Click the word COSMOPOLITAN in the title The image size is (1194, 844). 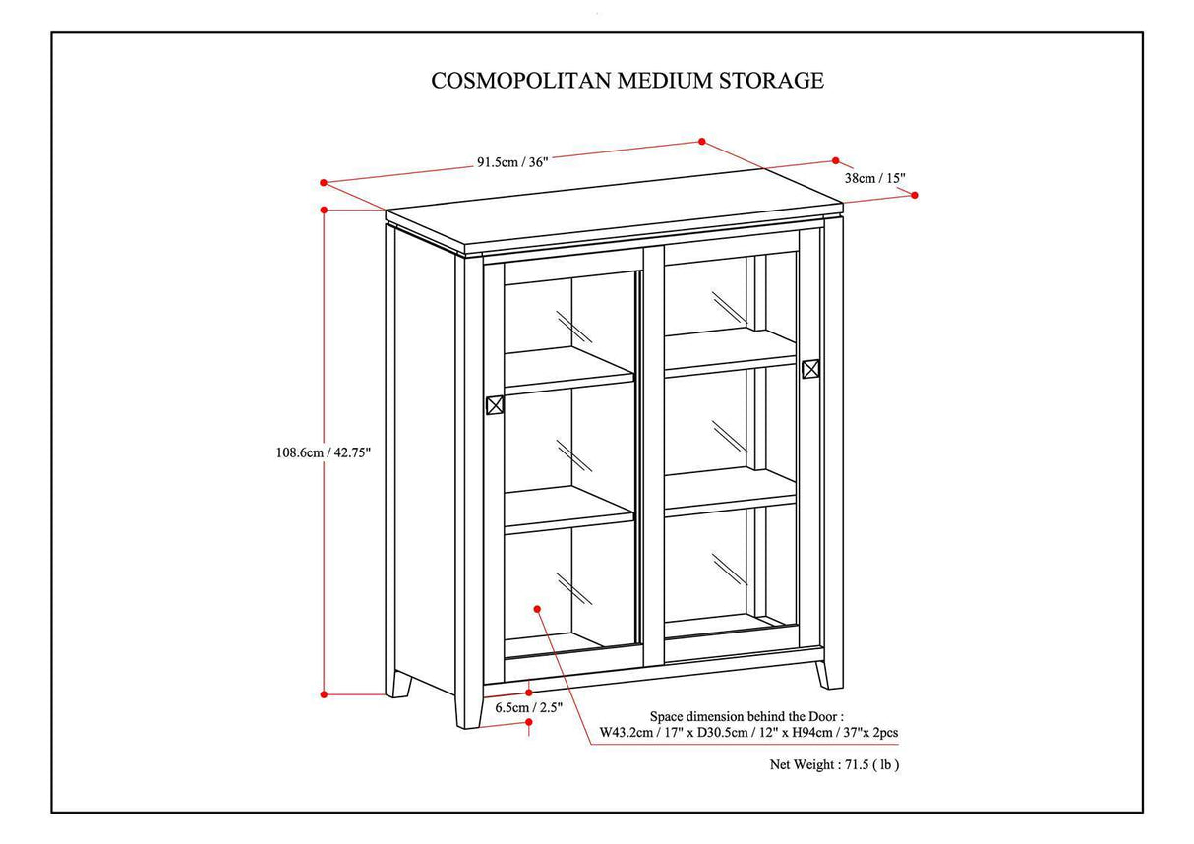click(520, 81)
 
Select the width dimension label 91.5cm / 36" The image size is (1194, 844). click(511, 161)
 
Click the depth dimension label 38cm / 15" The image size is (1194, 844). click(874, 178)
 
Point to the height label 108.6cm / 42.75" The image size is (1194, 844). click(324, 452)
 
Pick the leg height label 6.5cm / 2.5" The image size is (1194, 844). click(527, 706)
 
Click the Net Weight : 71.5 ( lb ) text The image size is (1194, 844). click(834, 763)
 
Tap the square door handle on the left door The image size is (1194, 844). click(495, 404)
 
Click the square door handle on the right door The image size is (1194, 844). click(810, 369)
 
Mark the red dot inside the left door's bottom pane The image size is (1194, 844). click(537, 609)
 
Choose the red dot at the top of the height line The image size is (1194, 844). click(324, 210)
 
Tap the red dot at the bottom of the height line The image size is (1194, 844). click(324, 694)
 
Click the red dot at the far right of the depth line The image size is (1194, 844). click(915, 195)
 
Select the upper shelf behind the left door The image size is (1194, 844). click(568, 371)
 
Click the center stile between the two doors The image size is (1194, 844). click(653, 452)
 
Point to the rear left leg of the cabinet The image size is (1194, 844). click(398, 684)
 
